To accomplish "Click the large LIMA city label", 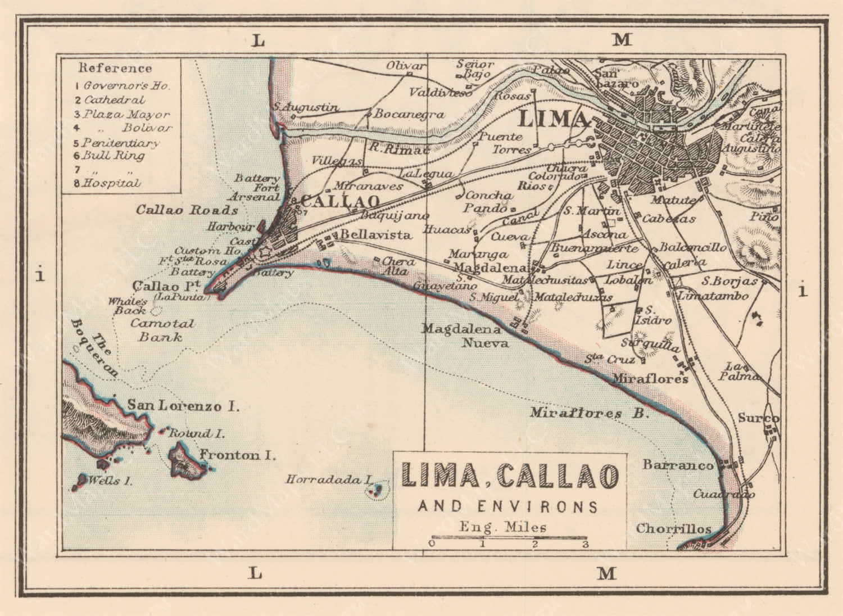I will tap(552, 119).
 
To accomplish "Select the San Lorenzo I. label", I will tap(183, 406).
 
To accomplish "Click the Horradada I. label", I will tap(329, 479).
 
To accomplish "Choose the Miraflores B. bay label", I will tap(589, 413).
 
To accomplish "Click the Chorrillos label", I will tap(673, 529).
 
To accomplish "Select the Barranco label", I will tap(678, 465).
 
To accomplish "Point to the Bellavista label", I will tap(375, 235).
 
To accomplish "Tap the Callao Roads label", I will tap(187, 210).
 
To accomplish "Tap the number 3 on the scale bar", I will tap(585, 544).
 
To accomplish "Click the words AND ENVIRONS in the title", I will tap(508, 506).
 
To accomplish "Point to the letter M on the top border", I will tap(622, 40).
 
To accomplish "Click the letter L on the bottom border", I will tap(256, 573).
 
